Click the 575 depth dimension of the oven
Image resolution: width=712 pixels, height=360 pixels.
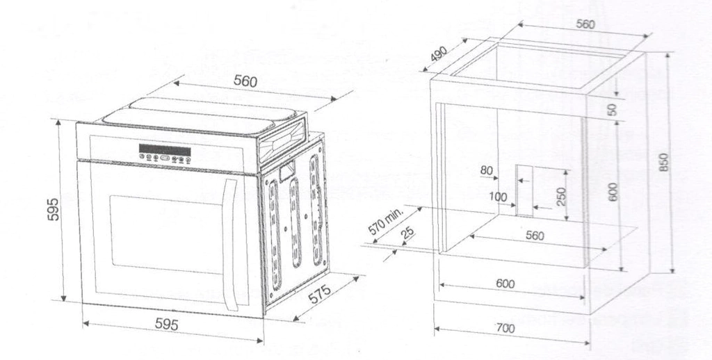coord(320,294)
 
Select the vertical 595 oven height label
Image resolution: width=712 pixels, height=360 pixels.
coord(54,209)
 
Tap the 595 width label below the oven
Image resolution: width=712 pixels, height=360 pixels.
coord(167,324)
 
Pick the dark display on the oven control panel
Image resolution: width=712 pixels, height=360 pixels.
coord(165,150)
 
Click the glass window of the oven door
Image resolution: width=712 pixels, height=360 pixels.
coord(167,235)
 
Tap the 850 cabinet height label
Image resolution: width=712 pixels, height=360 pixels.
coord(663,162)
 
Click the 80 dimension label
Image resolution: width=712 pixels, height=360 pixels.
coord(486,171)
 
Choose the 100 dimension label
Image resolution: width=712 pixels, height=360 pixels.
coord(498,197)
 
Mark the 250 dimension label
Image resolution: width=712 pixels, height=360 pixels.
coord(561,196)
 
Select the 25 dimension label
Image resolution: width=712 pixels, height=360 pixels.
coord(407,232)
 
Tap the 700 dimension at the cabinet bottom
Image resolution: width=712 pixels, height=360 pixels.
coord(505,328)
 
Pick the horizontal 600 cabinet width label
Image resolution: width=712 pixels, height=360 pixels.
coord(505,284)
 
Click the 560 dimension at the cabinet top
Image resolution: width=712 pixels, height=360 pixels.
coord(585,24)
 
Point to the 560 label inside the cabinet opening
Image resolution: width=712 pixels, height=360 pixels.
coord(535,236)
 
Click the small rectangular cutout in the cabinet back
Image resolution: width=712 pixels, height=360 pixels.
coord(524,190)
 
